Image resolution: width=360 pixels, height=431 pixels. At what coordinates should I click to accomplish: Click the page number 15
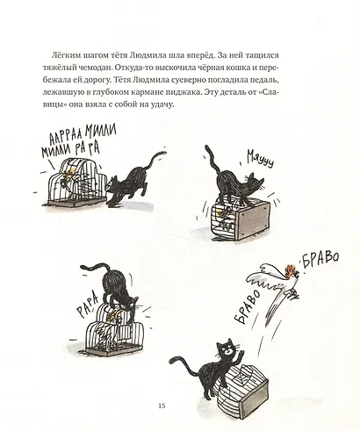point(161,405)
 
